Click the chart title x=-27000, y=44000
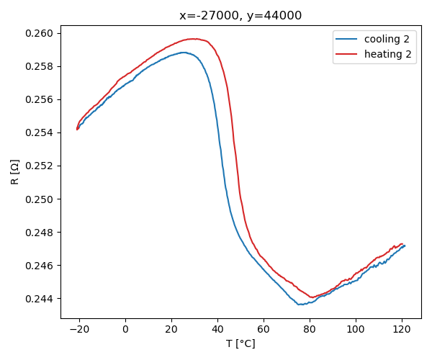(x=240, y=16)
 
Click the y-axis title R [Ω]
(x=15, y=171)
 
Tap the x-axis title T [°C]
(x=240, y=343)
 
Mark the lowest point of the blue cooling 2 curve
(x=300, y=305)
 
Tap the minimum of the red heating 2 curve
(x=312, y=297)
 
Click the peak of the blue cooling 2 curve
(x=184, y=52)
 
